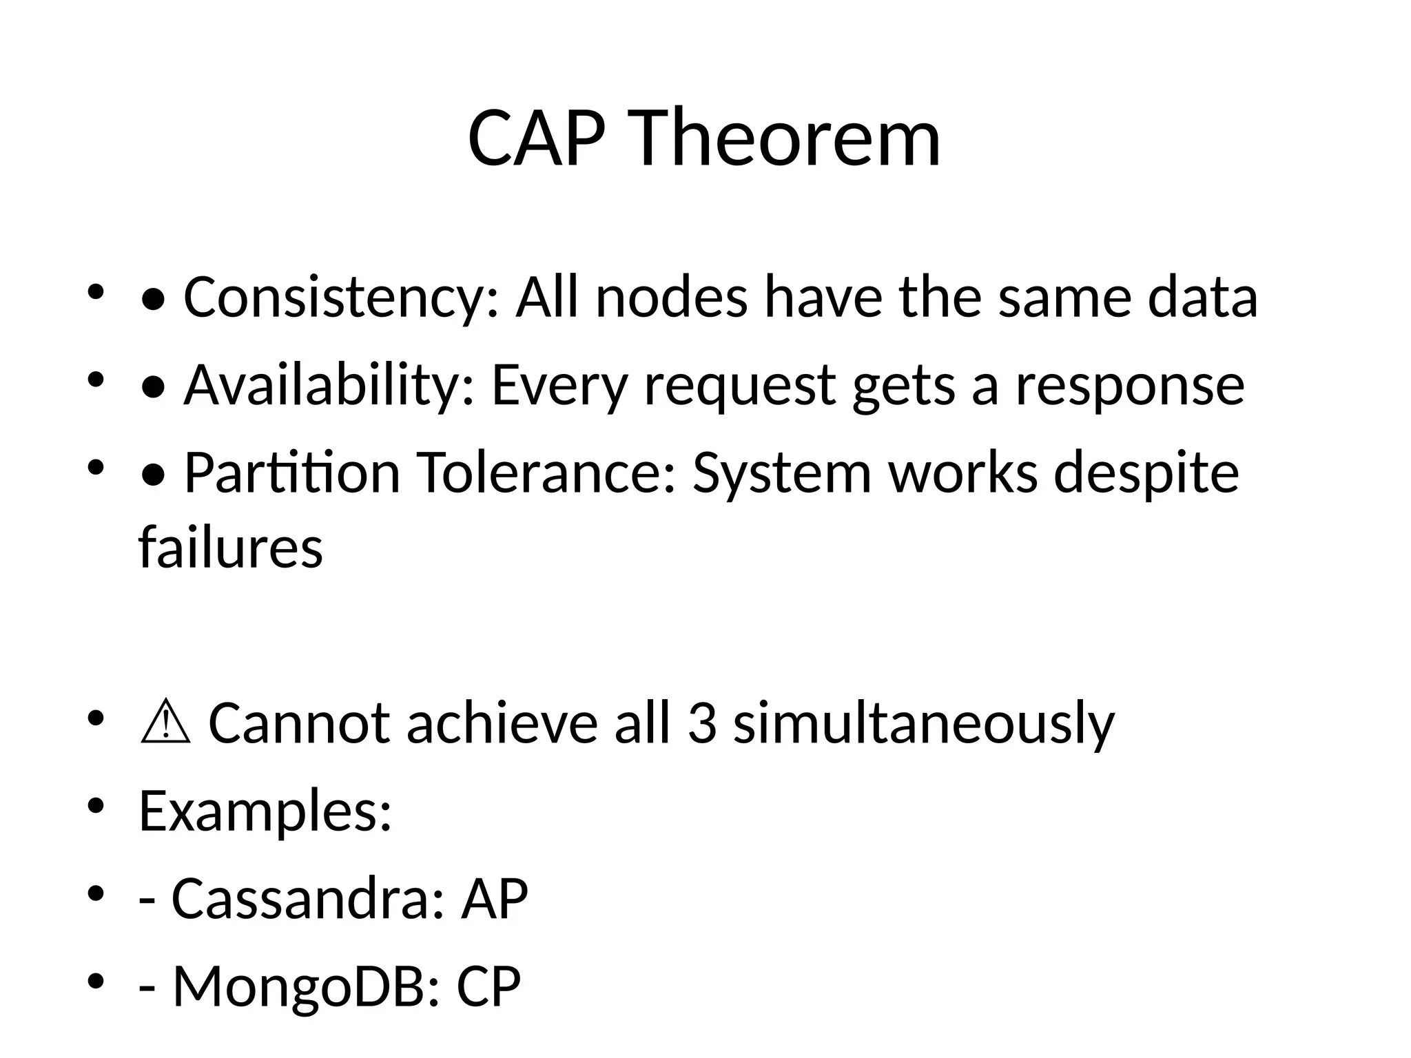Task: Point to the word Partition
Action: pos(292,473)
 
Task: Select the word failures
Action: pos(231,547)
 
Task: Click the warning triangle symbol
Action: pos(165,724)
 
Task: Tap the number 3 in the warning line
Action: pos(701,724)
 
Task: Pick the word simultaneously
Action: pos(923,724)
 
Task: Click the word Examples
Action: pos(265,811)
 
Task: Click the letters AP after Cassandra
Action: pos(494,899)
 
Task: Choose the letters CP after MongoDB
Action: pos(488,986)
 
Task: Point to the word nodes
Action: pos(672,298)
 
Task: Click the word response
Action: pos(1130,385)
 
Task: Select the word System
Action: pos(781,473)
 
